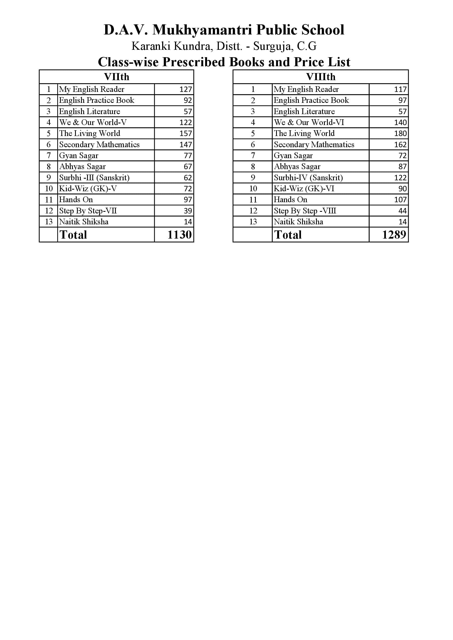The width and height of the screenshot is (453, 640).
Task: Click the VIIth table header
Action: tap(116, 77)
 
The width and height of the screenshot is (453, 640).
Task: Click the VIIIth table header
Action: tap(320, 77)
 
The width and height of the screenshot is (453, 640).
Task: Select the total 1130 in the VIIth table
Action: tap(179, 235)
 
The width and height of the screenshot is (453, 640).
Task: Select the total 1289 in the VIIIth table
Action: tap(394, 235)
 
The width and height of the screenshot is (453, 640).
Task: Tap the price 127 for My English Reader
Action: tap(185, 89)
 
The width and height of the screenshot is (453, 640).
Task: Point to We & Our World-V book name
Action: tap(93, 122)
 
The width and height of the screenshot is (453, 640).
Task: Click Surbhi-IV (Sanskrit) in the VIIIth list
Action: tap(308, 178)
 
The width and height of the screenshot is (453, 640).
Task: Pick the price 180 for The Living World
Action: tap(400, 134)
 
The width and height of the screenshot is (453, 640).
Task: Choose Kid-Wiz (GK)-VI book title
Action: tap(304, 189)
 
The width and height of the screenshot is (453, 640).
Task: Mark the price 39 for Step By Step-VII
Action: tap(188, 211)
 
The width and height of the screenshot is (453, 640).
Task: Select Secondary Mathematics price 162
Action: tap(400, 145)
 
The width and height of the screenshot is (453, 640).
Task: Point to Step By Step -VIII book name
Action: tap(305, 211)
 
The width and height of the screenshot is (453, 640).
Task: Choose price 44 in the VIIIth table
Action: tap(403, 211)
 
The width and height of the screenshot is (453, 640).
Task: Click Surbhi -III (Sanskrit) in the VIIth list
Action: tap(94, 178)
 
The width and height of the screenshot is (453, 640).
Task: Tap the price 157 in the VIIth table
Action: tap(185, 134)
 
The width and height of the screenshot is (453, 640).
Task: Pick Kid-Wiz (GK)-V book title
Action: tap(88, 189)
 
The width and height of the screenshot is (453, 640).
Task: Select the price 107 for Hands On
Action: tap(400, 200)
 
